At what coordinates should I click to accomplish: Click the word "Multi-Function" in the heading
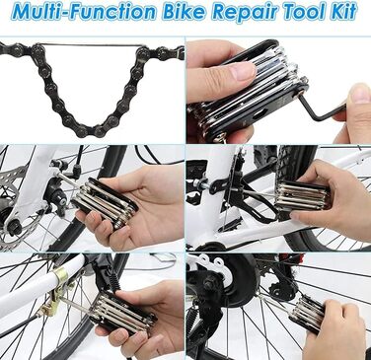coord(84,11)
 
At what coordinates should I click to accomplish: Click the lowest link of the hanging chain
coord(91,130)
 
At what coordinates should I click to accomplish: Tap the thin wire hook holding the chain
coord(91,45)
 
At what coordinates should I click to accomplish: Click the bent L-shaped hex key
coord(323,109)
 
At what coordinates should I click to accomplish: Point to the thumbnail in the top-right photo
coord(242,70)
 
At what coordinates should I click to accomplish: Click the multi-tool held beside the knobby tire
coord(303,196)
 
